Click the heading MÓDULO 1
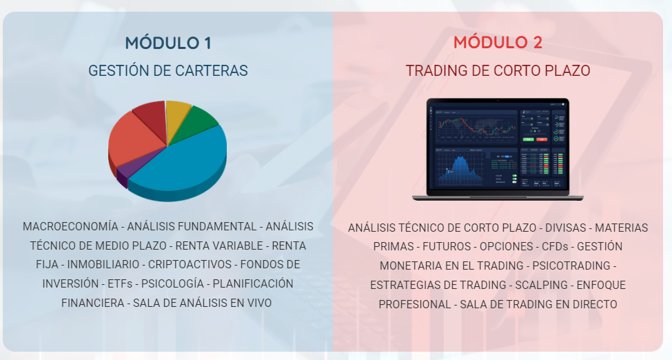168,43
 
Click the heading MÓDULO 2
498,42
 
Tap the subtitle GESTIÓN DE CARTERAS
168,70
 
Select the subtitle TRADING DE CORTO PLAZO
498,70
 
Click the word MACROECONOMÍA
70,227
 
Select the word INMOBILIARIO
103,264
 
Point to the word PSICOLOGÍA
173,283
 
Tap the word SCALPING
541,285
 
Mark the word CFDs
555,247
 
